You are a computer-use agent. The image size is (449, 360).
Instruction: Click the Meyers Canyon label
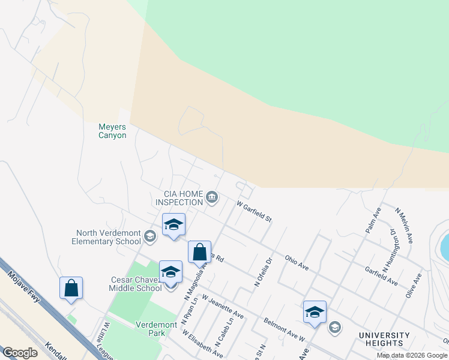pos(112,131)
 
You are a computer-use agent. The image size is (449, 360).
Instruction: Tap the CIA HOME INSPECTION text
pos(179,198)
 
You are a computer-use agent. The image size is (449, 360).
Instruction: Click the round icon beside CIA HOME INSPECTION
pos(212,197)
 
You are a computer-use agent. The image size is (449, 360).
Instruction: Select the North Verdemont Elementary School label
pos(108,237)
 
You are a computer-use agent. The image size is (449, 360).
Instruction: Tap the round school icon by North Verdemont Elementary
pos(149,237)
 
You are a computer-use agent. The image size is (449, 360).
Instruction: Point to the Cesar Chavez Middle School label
pos(136,284)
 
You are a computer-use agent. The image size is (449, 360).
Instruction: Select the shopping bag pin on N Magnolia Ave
pos(199,252)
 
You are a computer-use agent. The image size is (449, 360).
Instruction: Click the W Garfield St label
pos(254,211)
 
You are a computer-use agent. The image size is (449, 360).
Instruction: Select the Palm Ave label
pos(373,221)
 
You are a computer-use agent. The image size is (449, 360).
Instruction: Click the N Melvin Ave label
pos(403,226)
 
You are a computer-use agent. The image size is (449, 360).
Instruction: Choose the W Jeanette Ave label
pos(222,306)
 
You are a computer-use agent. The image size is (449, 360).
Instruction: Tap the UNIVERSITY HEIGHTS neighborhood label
pos(384,339)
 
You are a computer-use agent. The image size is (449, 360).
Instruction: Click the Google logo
pos(20,353)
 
